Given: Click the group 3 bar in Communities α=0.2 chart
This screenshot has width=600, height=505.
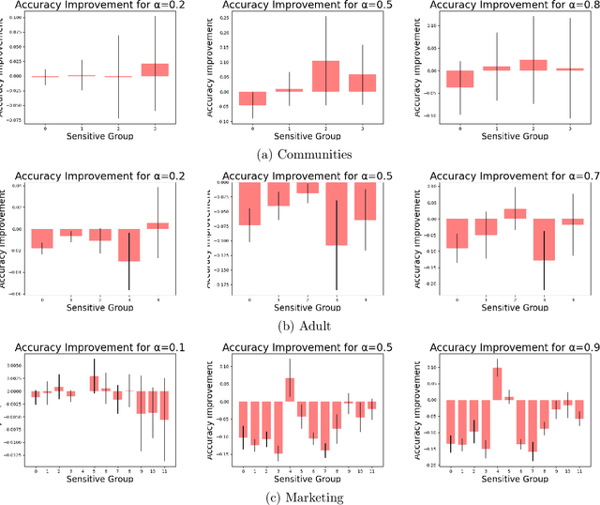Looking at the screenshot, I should (x=155, y=69).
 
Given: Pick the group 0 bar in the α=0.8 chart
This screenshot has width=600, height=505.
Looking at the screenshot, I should (x=434, y=79).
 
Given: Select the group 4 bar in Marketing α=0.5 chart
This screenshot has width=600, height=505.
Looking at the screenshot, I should (x=290, y=390).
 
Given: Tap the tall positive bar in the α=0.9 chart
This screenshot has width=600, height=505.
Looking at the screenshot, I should (x=497, y=384).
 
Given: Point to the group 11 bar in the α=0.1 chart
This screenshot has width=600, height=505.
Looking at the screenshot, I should (x=164, y=406).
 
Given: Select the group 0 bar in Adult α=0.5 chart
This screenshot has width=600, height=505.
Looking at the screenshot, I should (x=250, y=204).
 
